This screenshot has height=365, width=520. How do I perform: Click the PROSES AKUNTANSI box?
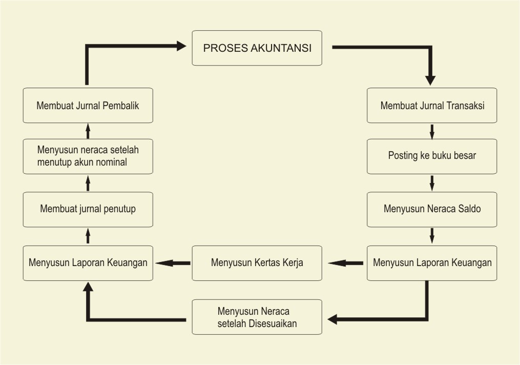[257, 48]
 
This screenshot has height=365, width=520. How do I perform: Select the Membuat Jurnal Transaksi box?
[432, 106]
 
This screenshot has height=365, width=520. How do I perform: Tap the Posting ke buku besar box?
[432, 155]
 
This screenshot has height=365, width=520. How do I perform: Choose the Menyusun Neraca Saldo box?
[432, 209]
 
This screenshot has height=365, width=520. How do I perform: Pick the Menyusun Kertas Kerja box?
[257, 262]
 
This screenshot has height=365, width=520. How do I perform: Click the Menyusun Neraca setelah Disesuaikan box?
[257, 317]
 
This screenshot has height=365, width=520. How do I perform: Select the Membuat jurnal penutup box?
[88, 209]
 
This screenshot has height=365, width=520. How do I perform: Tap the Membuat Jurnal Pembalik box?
[88, 106]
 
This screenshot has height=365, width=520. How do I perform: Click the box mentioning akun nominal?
[88, 156]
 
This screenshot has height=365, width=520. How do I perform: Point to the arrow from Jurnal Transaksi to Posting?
[432, 131]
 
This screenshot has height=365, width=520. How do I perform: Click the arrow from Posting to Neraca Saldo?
[432, 182]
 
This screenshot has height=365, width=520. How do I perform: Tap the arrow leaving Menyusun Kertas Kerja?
[173, 263]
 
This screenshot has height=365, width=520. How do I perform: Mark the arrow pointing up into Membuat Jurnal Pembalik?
[88, 130]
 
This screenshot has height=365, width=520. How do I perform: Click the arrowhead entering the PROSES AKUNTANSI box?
[180, 46]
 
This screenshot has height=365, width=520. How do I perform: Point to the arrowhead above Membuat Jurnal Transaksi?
[430, 79]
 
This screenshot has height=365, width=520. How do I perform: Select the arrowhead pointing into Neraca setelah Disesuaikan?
[333, 319]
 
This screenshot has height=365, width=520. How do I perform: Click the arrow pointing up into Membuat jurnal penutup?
[88, 235]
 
